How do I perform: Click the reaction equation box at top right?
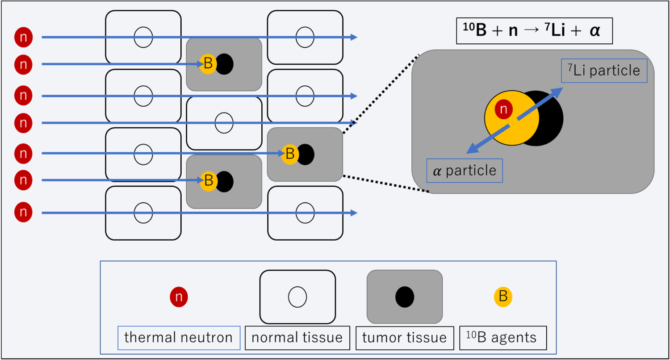tap(534, 32)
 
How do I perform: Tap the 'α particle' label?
tap(465, 171)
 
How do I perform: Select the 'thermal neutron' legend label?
tap(179, 338)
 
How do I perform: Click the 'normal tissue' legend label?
tap(297, 338)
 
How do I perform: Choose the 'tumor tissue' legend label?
tap(405, 338)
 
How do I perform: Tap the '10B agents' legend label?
tap(503, 338)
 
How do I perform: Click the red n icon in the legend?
tap(179, 297)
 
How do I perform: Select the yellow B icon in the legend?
tap(503, 296)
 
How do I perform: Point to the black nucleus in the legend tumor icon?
tap(405, 297)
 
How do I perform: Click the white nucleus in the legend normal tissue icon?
tap(297, 297)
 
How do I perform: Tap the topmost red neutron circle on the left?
tap(24, 38)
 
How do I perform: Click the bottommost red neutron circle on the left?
tap(24, 213)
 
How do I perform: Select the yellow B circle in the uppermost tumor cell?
tap(208, 64)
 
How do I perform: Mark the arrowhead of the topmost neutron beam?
tap(354, 38)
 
